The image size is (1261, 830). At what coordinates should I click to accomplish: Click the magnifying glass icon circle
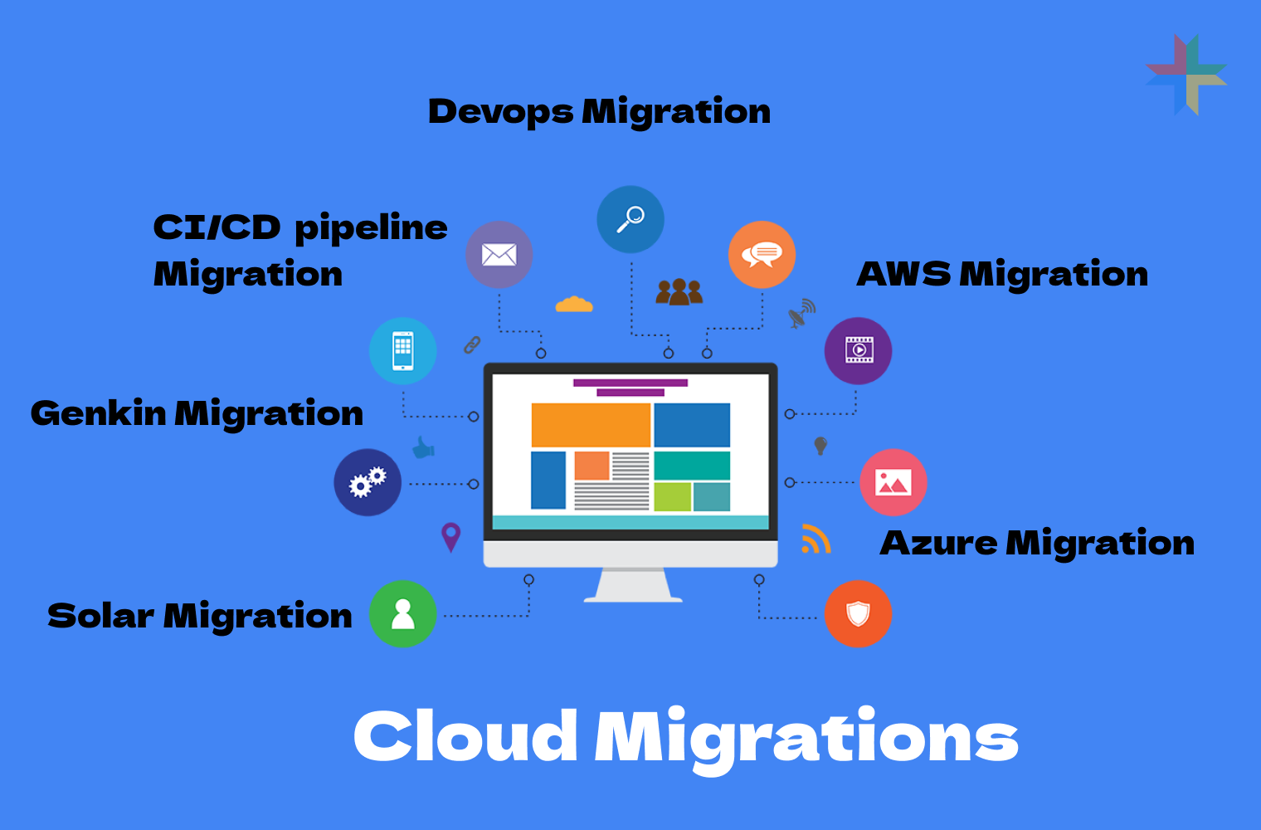(630, 219)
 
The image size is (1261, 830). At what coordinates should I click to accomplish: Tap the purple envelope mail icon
(499, 255)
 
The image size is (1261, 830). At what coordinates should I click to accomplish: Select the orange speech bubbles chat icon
(762, 255)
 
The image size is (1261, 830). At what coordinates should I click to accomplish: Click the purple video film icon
(859, 350)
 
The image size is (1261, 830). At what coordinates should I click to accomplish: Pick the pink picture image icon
(893, 482)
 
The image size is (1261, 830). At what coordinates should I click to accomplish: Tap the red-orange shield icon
(858, 614)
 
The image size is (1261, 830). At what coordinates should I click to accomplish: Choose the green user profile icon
(402, 614)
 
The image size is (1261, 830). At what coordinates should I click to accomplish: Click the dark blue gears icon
(368, 482)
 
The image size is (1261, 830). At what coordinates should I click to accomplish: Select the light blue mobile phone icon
(402, 350)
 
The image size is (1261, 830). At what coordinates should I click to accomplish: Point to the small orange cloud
(574, 305)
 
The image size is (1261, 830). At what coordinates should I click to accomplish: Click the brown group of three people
(679, 291)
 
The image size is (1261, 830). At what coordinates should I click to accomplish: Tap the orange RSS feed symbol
(816, 539)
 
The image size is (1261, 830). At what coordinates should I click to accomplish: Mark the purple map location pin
(450, 536)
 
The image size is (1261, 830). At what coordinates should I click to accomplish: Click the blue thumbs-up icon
(424, 448)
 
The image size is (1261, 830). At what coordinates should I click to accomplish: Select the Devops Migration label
(599, 111)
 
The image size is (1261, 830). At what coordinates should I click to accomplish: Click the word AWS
(903, 274)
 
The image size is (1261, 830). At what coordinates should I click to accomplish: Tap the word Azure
(938, 543)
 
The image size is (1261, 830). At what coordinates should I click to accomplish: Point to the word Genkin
(98, 413)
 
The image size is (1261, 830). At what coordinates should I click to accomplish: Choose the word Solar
(100, 616)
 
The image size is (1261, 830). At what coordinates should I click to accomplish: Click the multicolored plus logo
(1186, 75)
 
